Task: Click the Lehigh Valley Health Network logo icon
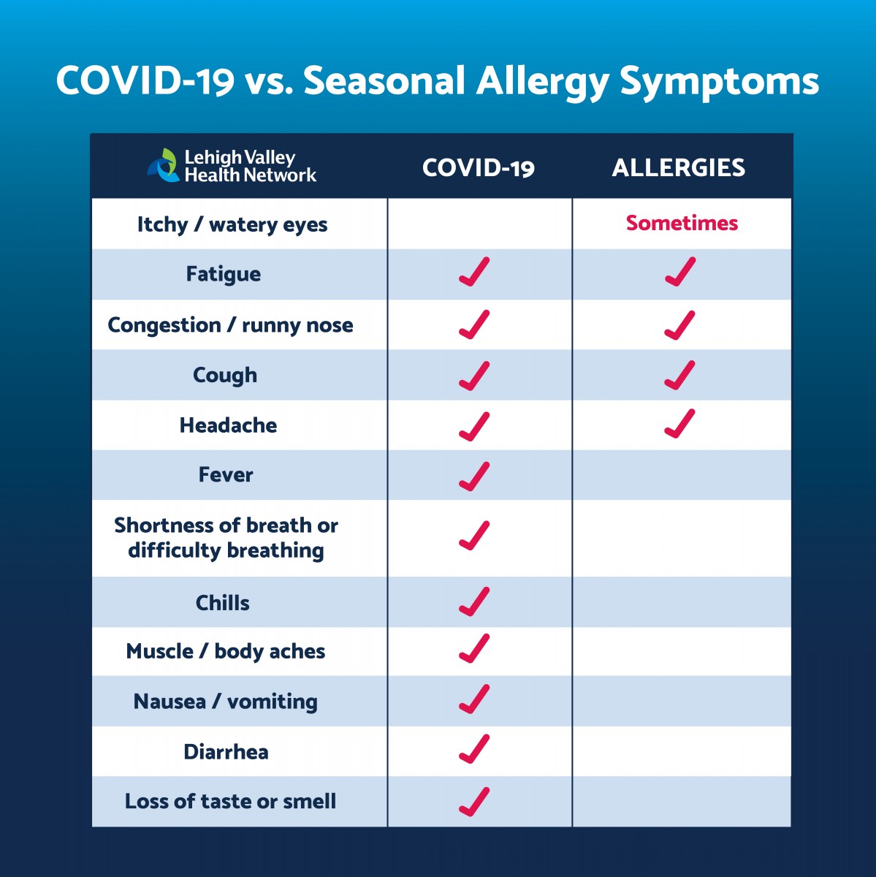point(163,165)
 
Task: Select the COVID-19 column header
point(479,167)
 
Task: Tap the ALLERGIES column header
point(679,167)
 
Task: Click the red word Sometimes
point(682,223)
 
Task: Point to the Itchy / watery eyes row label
point(232,225)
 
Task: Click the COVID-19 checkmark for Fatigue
point(474,272)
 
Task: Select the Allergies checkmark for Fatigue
point(680,272)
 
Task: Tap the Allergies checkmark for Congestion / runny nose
point(679,325)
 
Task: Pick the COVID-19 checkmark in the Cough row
point(474,376)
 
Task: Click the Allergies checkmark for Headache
point(679,423)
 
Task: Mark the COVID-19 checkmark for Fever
point(474,477)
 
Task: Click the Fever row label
point(226,475)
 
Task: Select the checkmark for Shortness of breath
point(474,536)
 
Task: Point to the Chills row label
point(223,602)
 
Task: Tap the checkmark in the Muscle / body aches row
point(474,648)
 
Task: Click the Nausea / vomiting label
point(226,702)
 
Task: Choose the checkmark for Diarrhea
point(474,748)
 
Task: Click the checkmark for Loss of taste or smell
point(474,802)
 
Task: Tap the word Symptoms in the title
point(720,83)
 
